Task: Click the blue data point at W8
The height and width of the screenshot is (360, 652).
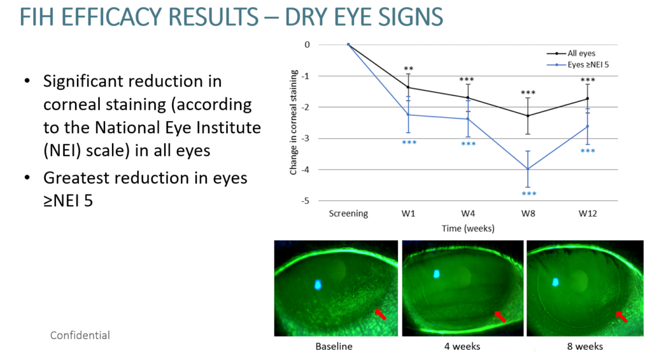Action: pyautogui.click(x=528, y=169)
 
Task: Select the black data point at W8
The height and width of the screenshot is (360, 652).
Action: pyautogui.click(x=528, y=116)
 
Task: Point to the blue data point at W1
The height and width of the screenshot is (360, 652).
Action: pyautogui.click(x=408, y=115)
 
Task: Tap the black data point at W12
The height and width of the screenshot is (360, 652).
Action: pyautogui.click(x=588, y=99)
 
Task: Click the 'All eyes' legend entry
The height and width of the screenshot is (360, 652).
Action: pyautogui.click(x=571, y=54)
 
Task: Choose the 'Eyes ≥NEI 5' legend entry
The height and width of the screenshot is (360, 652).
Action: pyautogui.click(x=578, y=64)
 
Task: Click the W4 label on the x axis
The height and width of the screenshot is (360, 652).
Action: pyautogui.click(x=468, y=213)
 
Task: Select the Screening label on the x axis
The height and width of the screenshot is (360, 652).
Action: pyautogui.click(x=348, y=214)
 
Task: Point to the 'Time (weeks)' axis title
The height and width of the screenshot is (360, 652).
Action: pyautogui.click(x=468, y=228)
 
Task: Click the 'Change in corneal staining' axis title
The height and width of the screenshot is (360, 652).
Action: pyautogui.click(x=293, y=122)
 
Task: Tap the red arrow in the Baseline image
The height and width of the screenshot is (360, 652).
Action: pyautogui.click(x=381, y=314)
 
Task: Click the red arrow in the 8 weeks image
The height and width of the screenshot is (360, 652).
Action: pyautogui.click(x=621, y=317)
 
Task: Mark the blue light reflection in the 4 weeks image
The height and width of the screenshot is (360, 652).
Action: pyautogui.click(x=437, y=274)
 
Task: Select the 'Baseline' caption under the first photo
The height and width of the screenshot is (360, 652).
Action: pyautogui.click(x=334, y=346)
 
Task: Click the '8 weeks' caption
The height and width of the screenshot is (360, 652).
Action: pyautogui.click(x=585, y=346)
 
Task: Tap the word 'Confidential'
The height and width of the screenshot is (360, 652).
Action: pyautogui.click(x=80, y=335)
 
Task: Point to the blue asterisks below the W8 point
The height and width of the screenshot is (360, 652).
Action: pyautogui.click(x=529, y=194)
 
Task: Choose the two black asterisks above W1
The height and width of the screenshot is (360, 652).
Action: pyautogui.click(x=409, y=69)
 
